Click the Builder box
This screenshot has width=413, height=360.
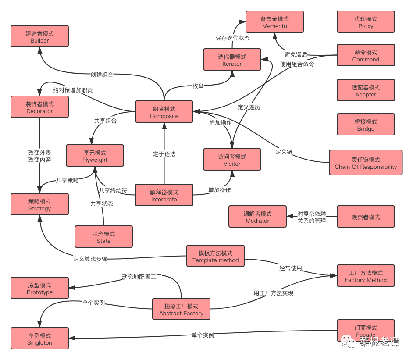click(39, 36)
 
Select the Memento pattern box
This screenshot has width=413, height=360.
click(274, 22)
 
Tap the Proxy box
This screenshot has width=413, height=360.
click(366, 22)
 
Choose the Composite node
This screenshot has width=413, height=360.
click(164, 112)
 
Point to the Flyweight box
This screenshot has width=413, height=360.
click(95, 156)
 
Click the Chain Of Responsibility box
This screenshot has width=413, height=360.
click(366, 163)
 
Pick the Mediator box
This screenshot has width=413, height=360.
click(257, 217)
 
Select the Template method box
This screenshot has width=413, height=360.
click(215, 256)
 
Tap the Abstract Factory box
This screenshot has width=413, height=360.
click(181, 309)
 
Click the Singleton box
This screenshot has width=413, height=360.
click(39, 339)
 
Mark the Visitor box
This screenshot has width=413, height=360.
click(232, 160)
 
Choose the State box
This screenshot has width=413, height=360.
click(103, 237)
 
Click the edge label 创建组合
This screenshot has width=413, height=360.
click(102, 75)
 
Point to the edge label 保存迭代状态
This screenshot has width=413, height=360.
click(233, 38)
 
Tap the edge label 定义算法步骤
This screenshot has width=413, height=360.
click(90, 259)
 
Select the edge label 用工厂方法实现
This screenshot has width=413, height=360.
click(273, 293)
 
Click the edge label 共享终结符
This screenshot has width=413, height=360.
click(113, 190)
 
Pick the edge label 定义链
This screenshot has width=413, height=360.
click(284, 152)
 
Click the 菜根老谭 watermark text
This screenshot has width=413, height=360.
click(379, 342)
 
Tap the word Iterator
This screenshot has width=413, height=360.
click(232, 64)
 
